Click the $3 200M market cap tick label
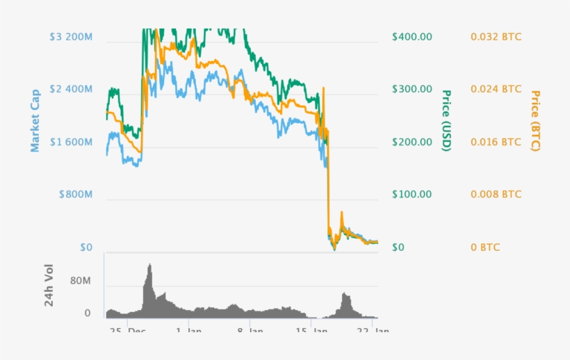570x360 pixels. tap(72, 37)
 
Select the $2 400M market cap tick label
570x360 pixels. tap(72, 90)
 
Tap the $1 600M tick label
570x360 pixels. tap(72, 142)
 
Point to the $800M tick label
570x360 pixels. tap(76, 195)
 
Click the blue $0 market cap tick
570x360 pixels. tap(85, 247)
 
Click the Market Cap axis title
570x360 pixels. tap(35, 120)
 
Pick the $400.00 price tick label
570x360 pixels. tap(412, 37)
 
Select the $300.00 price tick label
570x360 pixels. tap(412, 90)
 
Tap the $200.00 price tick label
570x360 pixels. tap(412, 142)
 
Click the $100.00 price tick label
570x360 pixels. tap(412, 195)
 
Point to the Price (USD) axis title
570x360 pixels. tap(447, 120)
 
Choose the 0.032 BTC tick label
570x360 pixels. tap(496, 37)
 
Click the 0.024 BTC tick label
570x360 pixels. tap(496, 90)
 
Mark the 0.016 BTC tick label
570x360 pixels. tap(496, 142)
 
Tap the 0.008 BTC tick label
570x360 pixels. tap(496, 195)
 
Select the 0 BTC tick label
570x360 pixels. tap(485, 247)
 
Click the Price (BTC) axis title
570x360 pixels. tap(535, 120)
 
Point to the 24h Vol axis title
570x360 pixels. tap(49, 286)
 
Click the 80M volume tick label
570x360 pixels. tap(81, 281)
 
